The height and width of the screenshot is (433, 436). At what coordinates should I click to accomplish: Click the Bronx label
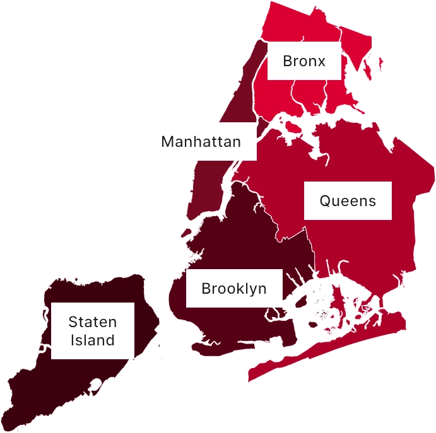pyautogui.click(x=304, y=61)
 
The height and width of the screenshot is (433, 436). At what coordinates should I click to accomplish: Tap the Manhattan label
pyautogui.click(x=201, y=141)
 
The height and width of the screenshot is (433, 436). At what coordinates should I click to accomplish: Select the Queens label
pyautogui.click(x=348, y=201)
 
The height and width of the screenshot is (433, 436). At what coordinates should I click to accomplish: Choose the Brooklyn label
pyautogui.click(x=233, y=289)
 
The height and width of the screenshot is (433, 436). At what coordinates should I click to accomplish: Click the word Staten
pyautogui.click(x=92, y=322)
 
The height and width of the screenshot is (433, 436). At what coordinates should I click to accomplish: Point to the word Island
pyautogui.click(x=92, y=340)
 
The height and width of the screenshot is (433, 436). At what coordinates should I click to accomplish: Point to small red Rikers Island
pyautogui.click(x=292, y=127)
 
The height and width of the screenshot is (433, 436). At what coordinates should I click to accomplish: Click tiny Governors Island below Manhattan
pyautogui.click(x=186, y=233)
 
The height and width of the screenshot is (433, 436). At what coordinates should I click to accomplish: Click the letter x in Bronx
pyautogui.click(x=322, y=62)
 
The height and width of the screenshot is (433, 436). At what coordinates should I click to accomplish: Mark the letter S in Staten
pyautogui.click(x=73, y=322)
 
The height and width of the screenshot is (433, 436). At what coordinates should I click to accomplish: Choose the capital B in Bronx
pyautogui.click(x=287, y=61)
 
